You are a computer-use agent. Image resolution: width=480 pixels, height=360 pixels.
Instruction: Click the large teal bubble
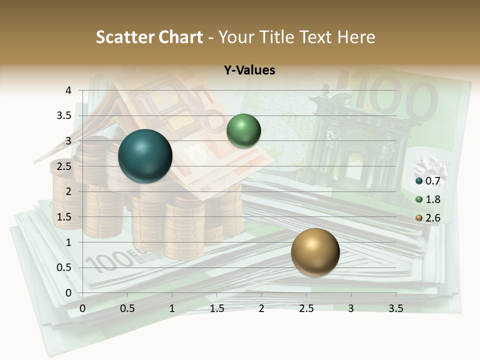tap(145, 156)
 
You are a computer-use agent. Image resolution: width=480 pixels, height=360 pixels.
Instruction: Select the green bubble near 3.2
tap(243, 130)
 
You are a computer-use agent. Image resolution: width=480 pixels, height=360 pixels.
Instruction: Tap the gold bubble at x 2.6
tap(315, 252)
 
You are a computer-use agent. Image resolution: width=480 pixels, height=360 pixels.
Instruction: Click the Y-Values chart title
tap(249, 70)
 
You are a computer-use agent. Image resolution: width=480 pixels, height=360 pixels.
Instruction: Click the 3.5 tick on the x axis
tap(395, 308)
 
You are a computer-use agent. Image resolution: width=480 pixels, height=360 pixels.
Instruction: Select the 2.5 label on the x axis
tap(306, 308)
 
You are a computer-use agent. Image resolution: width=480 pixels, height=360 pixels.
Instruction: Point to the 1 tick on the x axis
tap(172, 308)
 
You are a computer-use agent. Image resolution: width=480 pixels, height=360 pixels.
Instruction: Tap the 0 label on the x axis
tap(82, 308)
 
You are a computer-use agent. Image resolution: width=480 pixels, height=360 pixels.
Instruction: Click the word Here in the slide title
tap(356, 37)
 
